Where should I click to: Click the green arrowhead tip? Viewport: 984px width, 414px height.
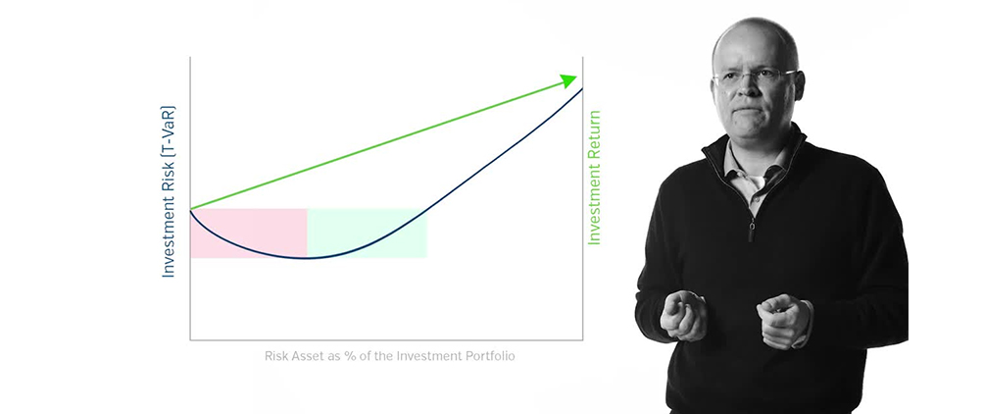[575, 78]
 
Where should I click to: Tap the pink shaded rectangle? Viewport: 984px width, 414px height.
[249, 233]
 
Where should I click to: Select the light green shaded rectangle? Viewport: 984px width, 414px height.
[368, 233]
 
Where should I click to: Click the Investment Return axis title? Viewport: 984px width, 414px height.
[594, 178]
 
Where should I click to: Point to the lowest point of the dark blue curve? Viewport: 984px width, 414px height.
[308, 257]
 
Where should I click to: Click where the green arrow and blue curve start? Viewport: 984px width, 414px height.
[191, 209]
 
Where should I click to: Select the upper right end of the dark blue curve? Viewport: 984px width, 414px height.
[582, 88]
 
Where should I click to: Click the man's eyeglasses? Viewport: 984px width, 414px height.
[757, 77]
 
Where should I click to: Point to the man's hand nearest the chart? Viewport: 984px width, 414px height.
[681, 313]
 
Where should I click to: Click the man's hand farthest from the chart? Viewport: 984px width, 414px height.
[785, 319]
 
